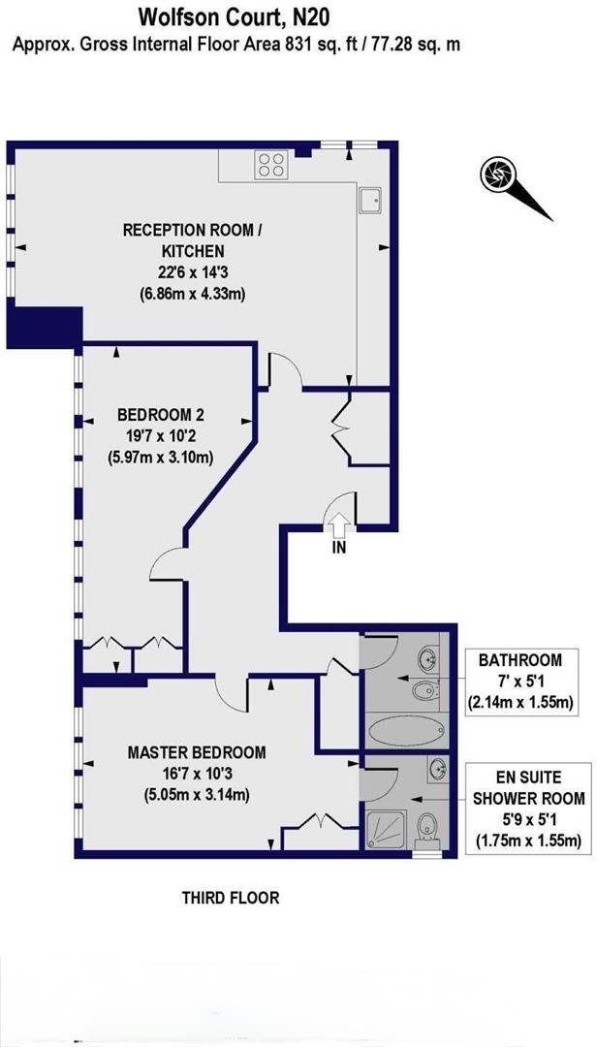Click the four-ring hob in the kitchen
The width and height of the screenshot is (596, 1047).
point(270,166)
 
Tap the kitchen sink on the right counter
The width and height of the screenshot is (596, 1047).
point(370,200)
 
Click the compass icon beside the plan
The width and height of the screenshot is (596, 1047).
point(496,174)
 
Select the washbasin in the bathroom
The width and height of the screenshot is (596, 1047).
point(427,660)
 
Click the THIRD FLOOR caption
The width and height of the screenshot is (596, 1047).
point(231,898)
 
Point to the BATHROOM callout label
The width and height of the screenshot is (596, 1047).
point(520,660)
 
